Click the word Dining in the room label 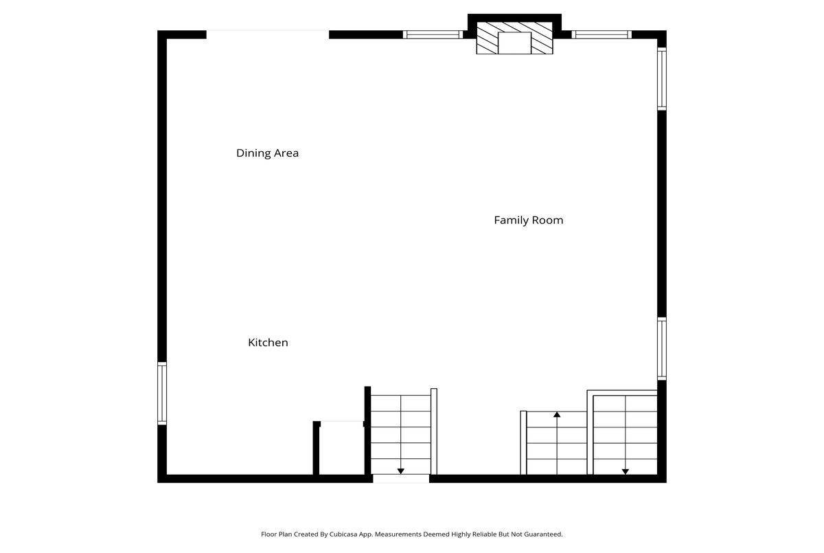click(252, 153)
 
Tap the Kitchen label click(268, 343)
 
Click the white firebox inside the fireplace click(514, 43)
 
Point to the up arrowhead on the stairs click(557, 415)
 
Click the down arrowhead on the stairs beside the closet click(401, 471)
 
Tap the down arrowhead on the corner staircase click(625, 471)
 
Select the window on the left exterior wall click(162, 394)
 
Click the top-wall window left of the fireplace click(433, 34)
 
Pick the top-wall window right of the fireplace click(602, 34)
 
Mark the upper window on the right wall click(662, 79)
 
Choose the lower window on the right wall click(662, 348)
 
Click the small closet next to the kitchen click(342, 449)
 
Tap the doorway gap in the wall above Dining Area click(267, 34)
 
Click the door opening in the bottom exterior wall click(401, 479)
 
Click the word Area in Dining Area click(285, 153)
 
